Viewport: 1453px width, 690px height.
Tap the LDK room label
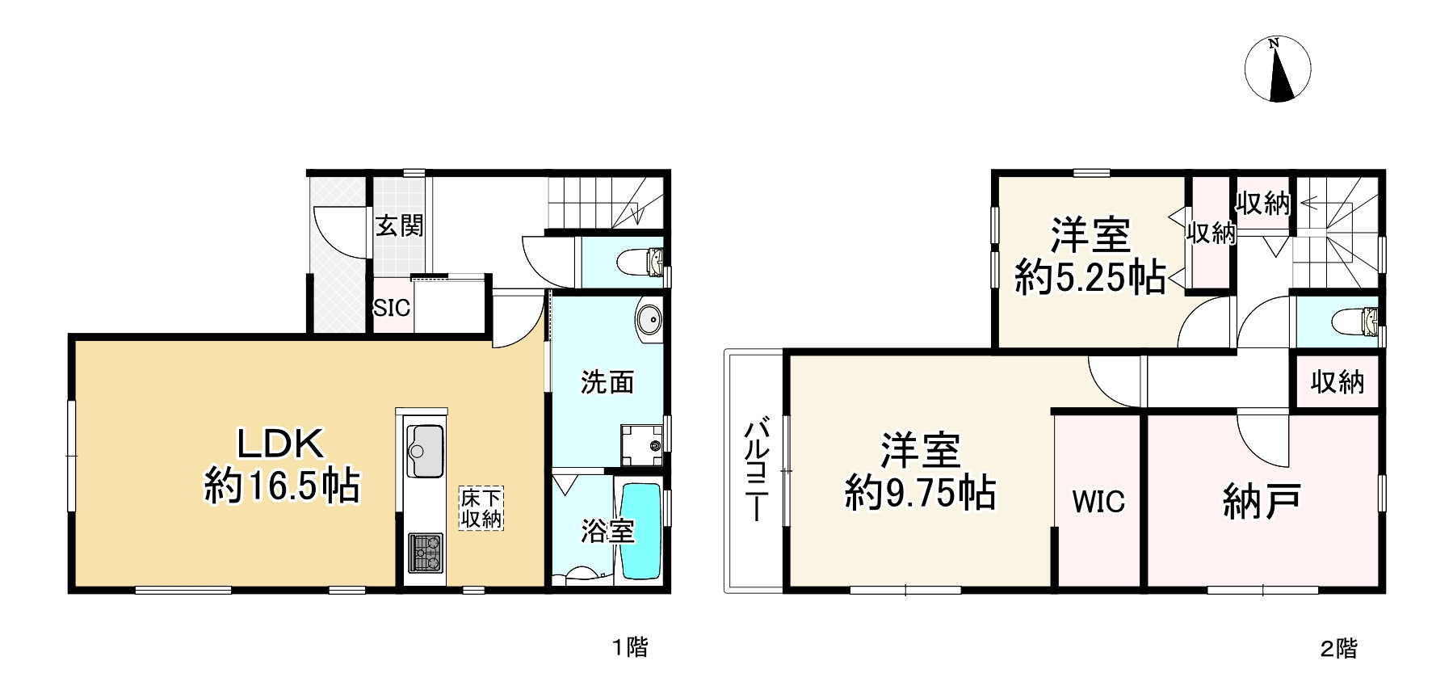tap(279, 443)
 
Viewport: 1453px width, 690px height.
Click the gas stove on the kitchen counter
tap(424, 553)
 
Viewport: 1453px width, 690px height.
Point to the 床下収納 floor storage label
tap(481, 508)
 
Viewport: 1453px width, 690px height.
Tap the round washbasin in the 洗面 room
tap(648, 319)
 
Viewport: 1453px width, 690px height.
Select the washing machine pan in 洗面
tap(642, 444)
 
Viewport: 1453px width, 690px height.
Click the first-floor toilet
tap(640, 261)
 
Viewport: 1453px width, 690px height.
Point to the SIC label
tap(392, 308)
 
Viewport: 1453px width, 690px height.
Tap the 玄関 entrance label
tap(399, 225)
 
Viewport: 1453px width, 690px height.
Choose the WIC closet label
tap(1098, 502)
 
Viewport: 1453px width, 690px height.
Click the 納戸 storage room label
tap(1261, 501)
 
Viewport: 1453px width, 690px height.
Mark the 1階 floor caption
tap(629, 647)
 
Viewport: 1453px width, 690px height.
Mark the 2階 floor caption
tap(1339, 648)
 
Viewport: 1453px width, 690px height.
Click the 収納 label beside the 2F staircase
tap(1263, 204)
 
